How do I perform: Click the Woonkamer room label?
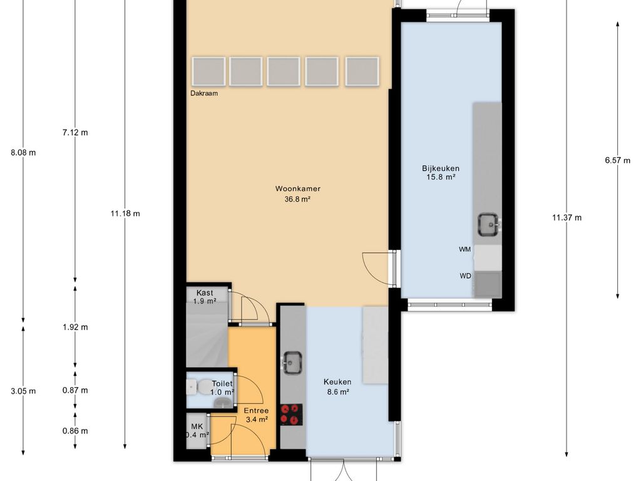click(297, 189)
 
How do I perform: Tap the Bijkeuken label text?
click(441, 168)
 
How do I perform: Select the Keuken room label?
click(337, 382)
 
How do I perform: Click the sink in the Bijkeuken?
click(488, 224)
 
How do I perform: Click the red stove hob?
click(291, 415)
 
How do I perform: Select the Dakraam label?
click(204, 93)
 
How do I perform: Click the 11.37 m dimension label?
click(567, 217)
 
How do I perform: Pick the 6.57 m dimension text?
click(617, 160)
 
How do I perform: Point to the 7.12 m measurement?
click(75, 133)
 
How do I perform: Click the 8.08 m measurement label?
click(23, 153)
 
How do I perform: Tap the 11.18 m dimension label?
click(125, 214)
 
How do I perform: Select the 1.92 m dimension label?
click(75, 327)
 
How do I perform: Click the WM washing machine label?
click(465, 249)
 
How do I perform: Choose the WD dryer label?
click(465, 276)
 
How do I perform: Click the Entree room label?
click(256, 411)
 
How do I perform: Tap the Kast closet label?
click(205, 293)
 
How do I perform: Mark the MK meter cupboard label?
click(197, 427)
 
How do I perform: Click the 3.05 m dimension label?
click(23, 391)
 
